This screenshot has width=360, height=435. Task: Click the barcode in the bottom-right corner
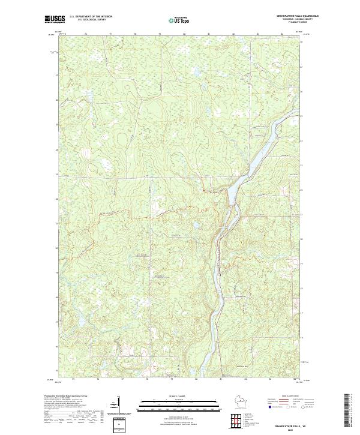coord(347,410)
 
